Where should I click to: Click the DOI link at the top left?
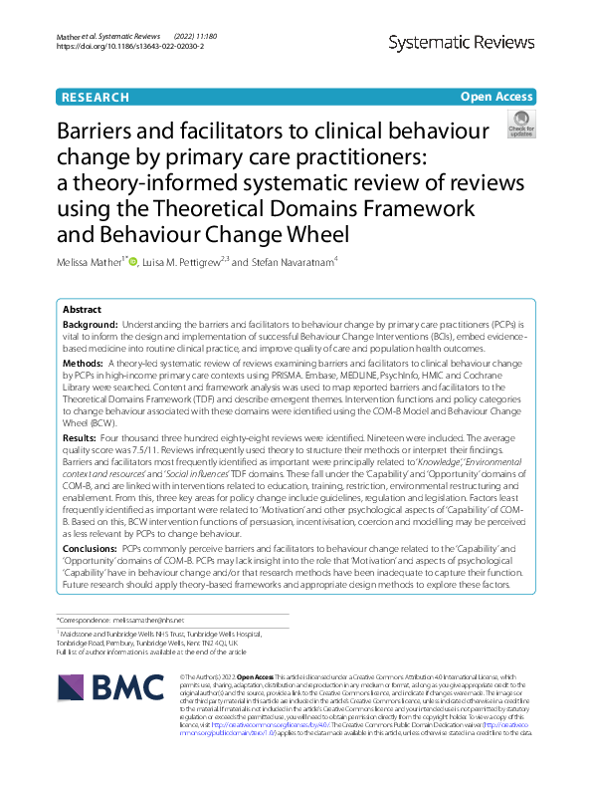(x=129, y=46)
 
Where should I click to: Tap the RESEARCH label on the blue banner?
(x=95, y=97)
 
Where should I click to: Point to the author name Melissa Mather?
(x=97, y=263)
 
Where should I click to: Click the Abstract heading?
(x=83, y=309)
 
